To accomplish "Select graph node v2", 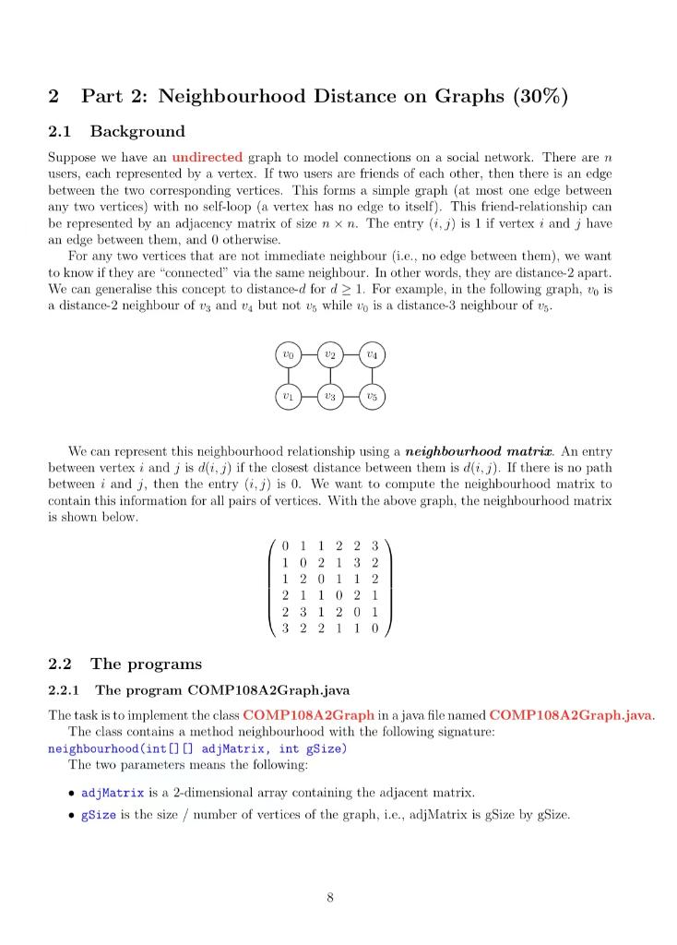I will pyautogui.click(x=329, y=354).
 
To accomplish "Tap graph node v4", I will pyautogui.click(x=372, y=354).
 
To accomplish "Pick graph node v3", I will pyautogui.click(x=329, y=397).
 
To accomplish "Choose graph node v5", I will pyautogui.click(x=372, y=397).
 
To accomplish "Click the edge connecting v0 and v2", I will pyautogui.click(x=308, y=354).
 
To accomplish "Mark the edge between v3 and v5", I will pyautogui.click(x=350, y=397).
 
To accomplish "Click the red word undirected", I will pyautogui.click(x=208, y=158).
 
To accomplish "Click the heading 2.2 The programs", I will pyautogui.click(x=124, y=664).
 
